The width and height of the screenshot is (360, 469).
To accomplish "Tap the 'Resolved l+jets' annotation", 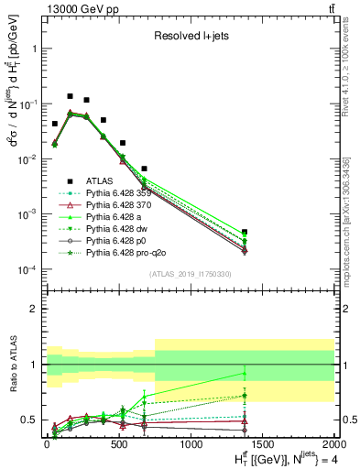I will pyautogui.click(x=190, y=37).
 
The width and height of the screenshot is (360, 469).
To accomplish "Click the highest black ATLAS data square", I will pyautogui.click(x=70, y=96).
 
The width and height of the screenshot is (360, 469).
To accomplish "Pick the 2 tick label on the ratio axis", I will pyautogui.click(x=32, y=309).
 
